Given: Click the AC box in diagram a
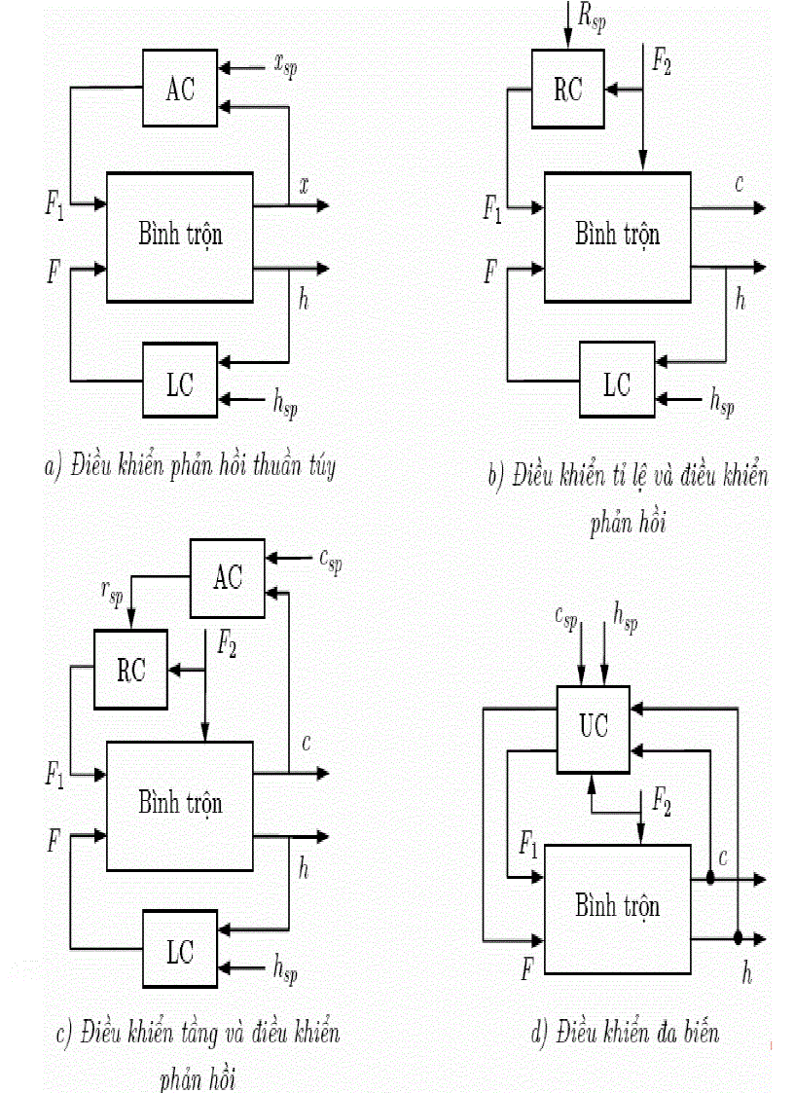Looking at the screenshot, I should pos(180,89).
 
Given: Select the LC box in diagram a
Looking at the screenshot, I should pos(180,383).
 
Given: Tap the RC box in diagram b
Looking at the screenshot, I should pos(567,90).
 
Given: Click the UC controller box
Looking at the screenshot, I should pos(594,724).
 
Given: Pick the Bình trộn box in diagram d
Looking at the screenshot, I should pos(617,908).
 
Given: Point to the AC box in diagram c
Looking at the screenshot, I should pos(228,578).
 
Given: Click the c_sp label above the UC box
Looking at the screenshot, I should pos(571,615).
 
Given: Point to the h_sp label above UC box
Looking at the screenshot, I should pos(624,615).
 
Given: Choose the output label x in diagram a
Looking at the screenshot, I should pos(305,184).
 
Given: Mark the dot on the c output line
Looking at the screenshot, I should pos(710,879).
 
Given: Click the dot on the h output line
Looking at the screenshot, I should pos(738,938).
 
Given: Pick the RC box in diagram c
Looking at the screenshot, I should pos(131,671).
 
